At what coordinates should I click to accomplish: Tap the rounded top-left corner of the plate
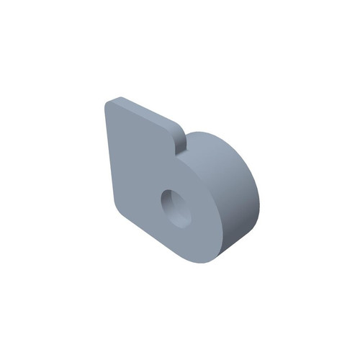click(109, 105)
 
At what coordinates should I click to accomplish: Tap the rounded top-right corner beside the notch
click(174, 130)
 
